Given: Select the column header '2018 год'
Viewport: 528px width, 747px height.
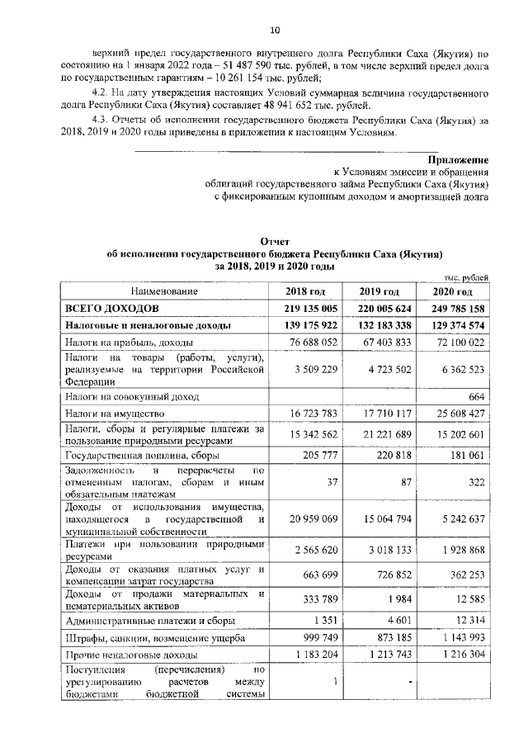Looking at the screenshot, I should coord(305,291).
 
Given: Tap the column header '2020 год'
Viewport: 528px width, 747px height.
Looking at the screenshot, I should coord(453,291).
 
